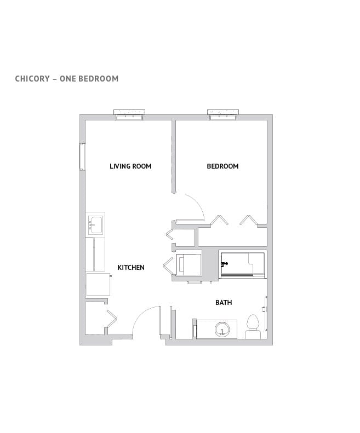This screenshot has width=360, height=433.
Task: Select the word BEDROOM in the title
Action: [99, 78]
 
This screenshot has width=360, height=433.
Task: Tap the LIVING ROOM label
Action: [130, 166]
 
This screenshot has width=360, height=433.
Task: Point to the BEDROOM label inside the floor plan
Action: [222, 166]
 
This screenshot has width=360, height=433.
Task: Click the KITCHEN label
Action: [131, 268]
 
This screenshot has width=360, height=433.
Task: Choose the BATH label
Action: [224, 302]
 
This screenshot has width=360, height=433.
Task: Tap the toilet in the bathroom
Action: [253, 324]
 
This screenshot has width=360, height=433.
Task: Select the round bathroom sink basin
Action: [222, 330]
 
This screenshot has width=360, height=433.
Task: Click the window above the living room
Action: [130, 114]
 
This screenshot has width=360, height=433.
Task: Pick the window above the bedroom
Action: [223, 114]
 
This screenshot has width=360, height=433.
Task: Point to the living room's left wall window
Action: [82, 157]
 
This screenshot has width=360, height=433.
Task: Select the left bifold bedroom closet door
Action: [220, 220]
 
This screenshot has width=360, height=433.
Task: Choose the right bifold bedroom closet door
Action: [248, 220]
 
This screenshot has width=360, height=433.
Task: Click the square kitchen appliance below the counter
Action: [98, 284]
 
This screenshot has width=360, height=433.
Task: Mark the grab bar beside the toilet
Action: [266, 313]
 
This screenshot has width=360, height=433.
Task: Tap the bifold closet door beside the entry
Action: [112, 321]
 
